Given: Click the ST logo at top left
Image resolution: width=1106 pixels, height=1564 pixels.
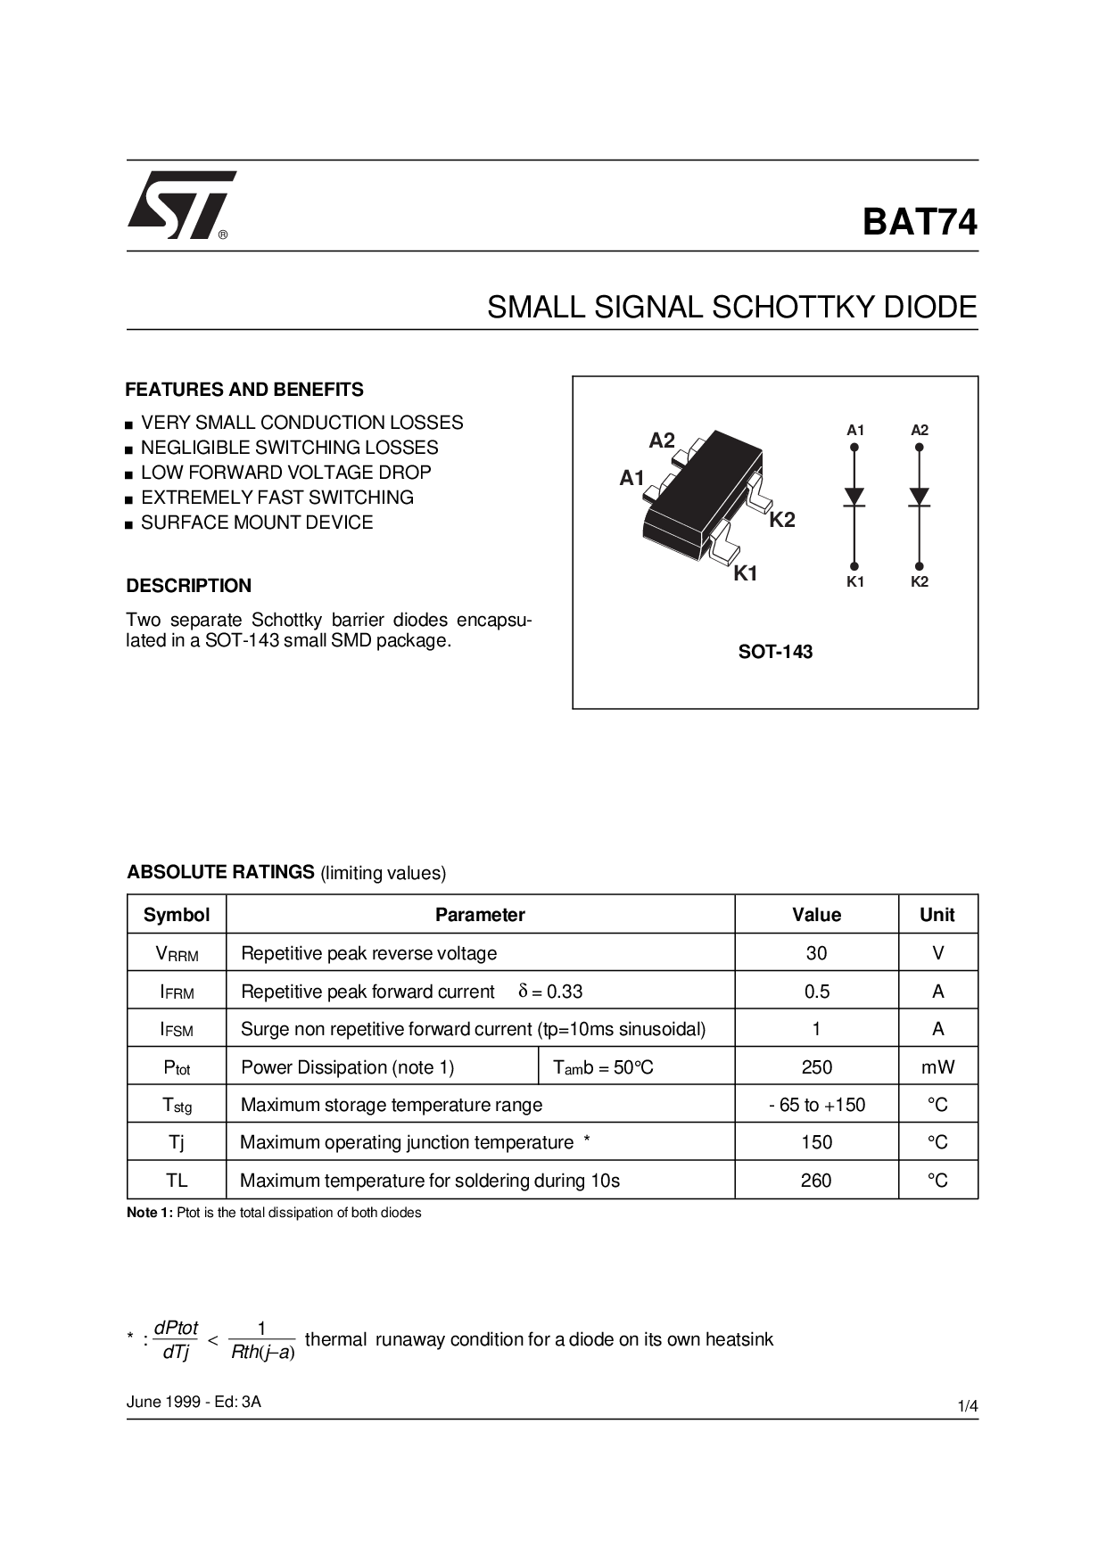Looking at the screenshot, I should pos(182,205).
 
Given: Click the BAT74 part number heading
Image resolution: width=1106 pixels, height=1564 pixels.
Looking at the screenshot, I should pos(920,222).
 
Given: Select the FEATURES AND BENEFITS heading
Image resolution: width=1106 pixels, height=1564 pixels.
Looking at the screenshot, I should pos(244,390).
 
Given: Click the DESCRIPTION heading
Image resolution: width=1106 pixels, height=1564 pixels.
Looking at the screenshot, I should pos(189,586).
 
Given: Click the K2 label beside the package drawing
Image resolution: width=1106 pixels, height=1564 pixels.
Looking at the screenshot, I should pos(782,520).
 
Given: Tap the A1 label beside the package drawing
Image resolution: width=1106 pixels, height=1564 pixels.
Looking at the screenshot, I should pos(631,478).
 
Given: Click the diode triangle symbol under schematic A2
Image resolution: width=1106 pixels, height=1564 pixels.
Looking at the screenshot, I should pos(920,497).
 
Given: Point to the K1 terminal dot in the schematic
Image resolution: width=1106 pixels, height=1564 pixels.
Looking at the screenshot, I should pos(854,566).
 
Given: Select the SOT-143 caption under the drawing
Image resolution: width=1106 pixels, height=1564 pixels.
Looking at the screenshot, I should pos(775,652).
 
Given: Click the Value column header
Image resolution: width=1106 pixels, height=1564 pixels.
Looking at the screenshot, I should pos(816,915).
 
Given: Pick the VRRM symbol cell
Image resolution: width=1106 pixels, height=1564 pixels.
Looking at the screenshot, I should pos(177,954).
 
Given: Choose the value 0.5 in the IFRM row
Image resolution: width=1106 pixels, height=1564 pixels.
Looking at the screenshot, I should pos(816,992).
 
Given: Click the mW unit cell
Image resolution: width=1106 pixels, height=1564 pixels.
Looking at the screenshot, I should pos(937,1067).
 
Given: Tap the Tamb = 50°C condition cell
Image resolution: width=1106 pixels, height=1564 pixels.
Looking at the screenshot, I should pos(603,1067).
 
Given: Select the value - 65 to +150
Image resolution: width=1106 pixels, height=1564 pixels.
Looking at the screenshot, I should pos(816,1105).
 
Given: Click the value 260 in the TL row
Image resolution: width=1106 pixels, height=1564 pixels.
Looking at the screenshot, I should pos(816,1181).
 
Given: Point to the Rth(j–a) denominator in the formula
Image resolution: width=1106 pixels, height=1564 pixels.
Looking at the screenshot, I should pos(262,1353).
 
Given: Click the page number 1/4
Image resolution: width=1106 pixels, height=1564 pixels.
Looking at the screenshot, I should pos(968,1407).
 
